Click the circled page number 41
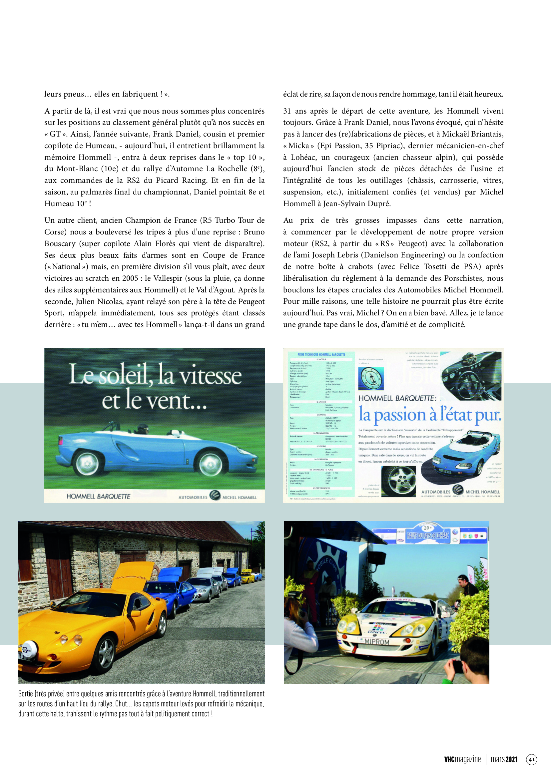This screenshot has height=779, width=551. point(531,759)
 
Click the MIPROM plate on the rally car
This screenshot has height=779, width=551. point(377,641)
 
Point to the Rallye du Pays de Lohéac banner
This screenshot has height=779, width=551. point(427,536)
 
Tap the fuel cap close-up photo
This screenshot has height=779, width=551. point(371,379)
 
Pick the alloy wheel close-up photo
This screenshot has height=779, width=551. point(398,481)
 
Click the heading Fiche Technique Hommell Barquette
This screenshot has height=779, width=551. point(321,355)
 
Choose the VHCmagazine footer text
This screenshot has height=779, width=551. point(462,759)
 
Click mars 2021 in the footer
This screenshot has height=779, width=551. point(504,759)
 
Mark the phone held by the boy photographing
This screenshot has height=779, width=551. point(458,667)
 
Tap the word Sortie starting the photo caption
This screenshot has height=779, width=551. point(26,694)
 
